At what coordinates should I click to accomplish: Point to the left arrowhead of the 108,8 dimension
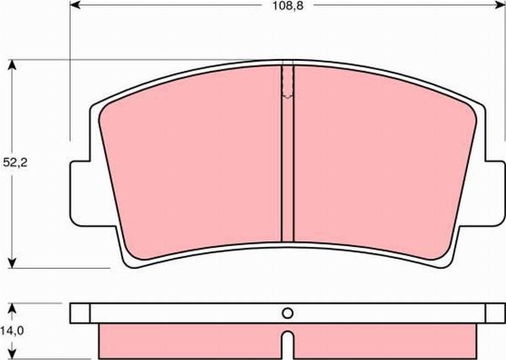click(75, 6)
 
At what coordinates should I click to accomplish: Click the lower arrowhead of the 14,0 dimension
click(12, 353)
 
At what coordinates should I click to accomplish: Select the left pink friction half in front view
click(194, 169)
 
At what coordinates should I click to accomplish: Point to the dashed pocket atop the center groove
click(287, 83)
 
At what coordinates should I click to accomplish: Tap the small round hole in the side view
click(287, 313)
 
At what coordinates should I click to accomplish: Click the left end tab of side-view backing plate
click(79, 313)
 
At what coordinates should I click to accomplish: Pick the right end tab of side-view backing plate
click(494, 313)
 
